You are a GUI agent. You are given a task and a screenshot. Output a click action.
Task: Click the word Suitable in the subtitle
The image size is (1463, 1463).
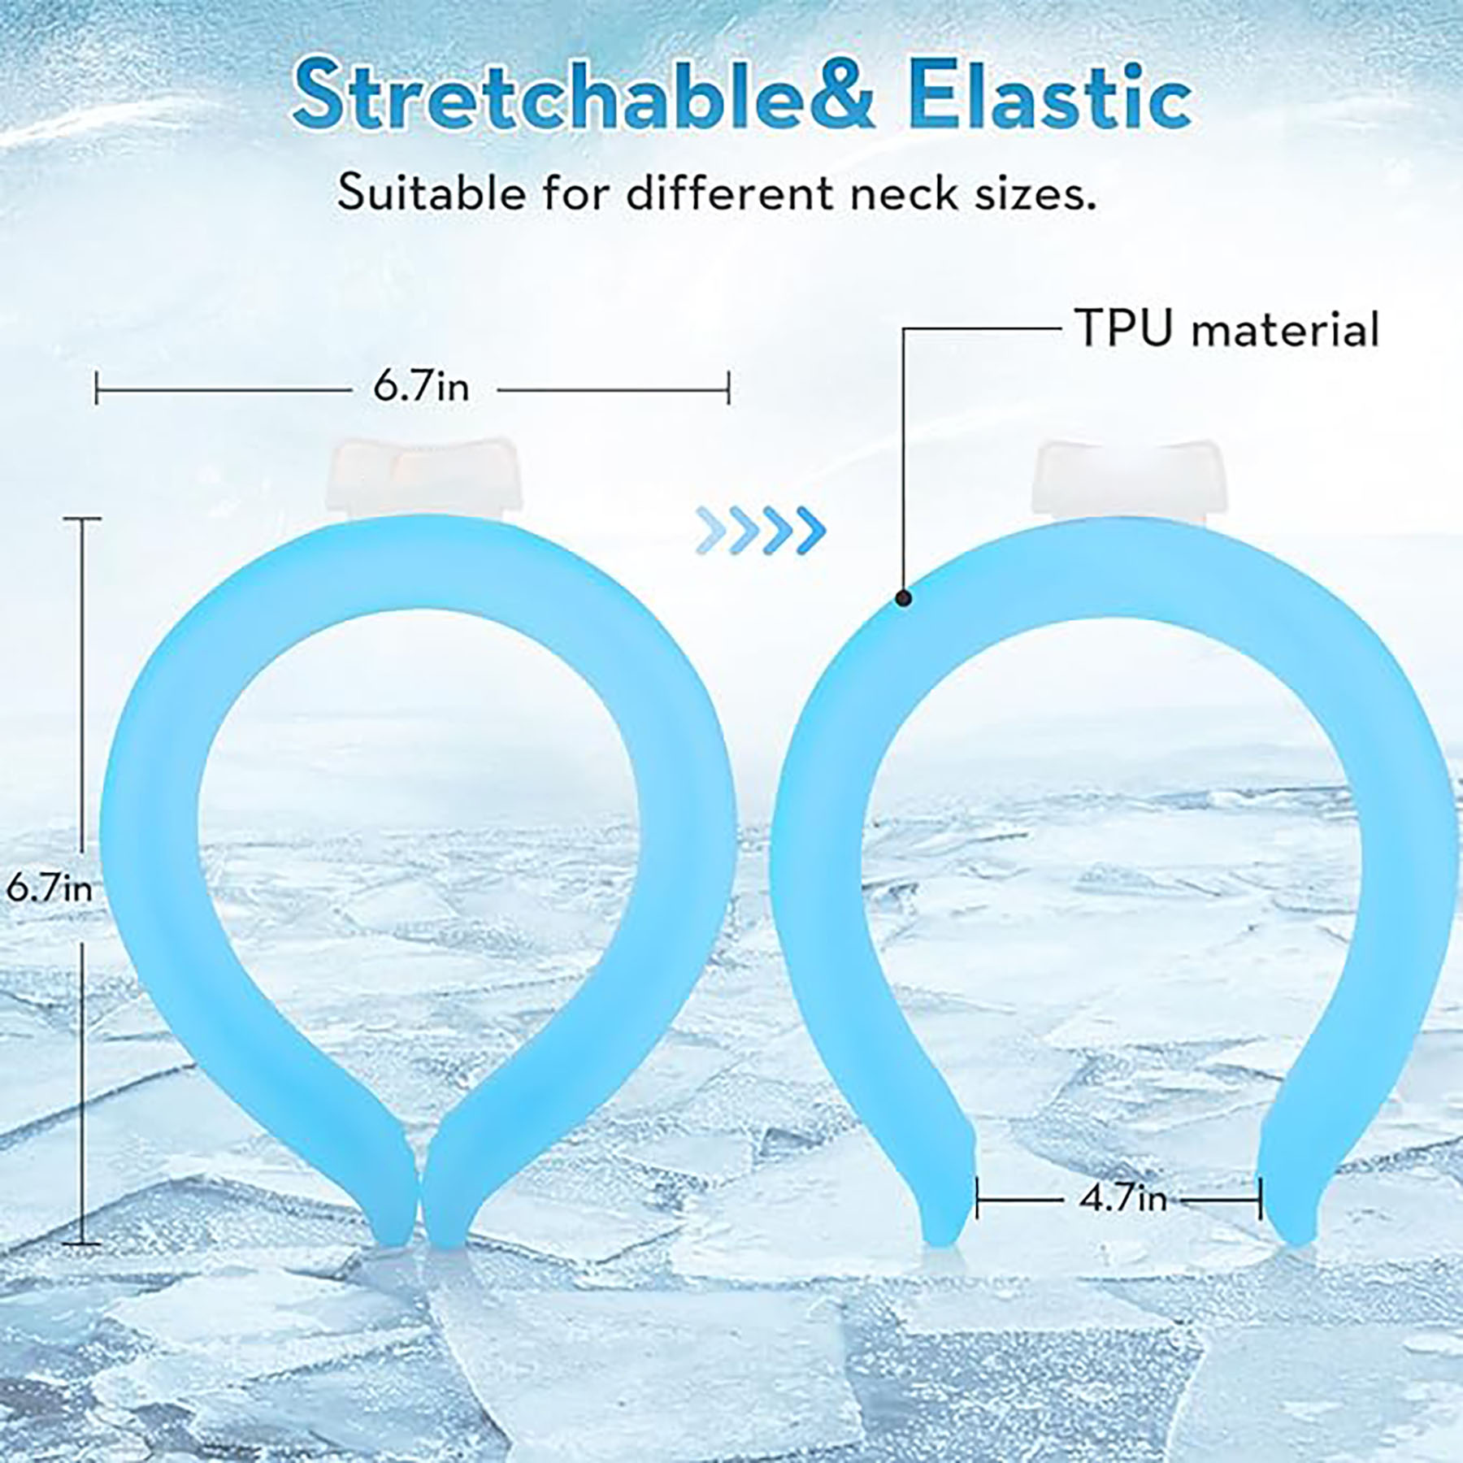click(x=431, y=195)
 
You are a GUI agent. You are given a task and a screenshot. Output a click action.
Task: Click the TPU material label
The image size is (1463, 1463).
click(x=1227, y=329)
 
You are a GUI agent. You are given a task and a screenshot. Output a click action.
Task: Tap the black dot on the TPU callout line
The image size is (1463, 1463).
click(x=903, y=599)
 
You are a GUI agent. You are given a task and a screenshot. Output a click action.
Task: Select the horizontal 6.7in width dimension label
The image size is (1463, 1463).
click(x=421, y=387)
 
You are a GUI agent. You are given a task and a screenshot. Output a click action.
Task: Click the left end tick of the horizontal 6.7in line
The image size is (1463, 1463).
click(x=97, y=388)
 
